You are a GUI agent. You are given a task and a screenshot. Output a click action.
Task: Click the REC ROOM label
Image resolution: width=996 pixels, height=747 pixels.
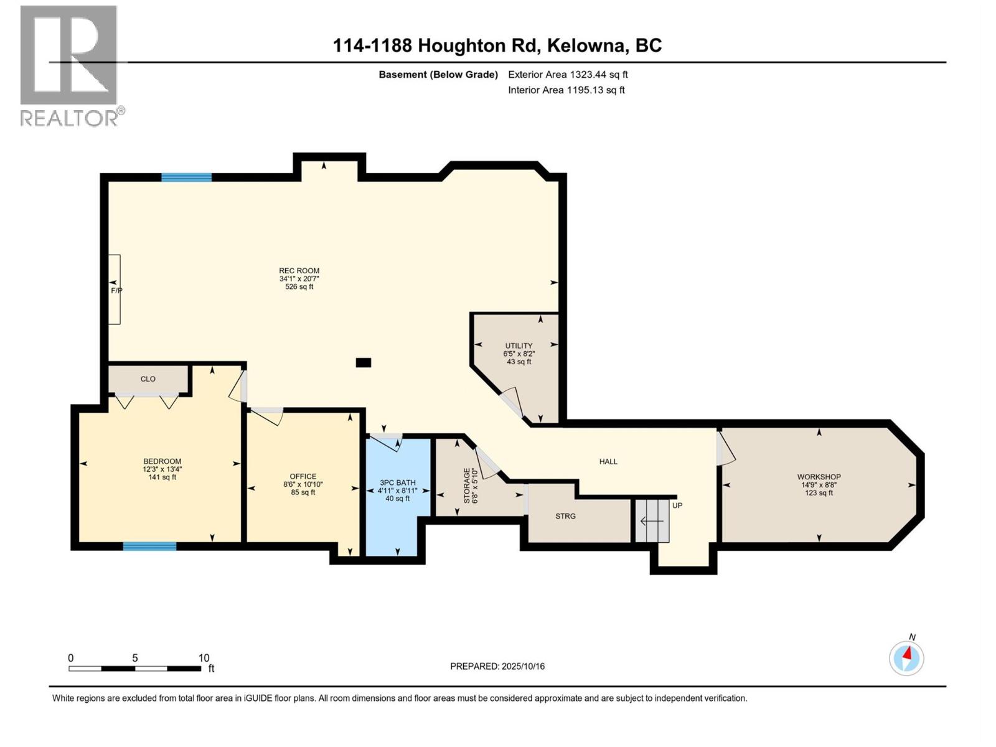tap(299, 271)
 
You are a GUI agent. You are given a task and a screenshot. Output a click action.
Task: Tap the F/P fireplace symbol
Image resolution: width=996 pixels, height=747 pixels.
tap(115, 290)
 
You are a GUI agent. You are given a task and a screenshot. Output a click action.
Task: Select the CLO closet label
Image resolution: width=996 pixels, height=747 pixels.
tap(148, 379)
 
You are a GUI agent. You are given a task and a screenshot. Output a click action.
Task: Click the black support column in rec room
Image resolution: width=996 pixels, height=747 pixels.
tap(364, 362)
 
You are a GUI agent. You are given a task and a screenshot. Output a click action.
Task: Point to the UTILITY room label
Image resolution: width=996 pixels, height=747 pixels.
tap(519, 345)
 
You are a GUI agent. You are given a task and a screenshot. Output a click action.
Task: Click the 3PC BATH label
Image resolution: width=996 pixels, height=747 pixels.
tap(398, 482)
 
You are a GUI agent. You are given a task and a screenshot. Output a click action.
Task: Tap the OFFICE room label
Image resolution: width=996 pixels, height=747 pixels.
tap(303, 476)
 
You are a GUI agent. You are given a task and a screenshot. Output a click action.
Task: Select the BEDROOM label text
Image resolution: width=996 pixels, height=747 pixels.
tap(162, 461)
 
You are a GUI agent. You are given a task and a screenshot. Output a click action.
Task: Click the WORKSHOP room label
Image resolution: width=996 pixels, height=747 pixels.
tap(819, 477)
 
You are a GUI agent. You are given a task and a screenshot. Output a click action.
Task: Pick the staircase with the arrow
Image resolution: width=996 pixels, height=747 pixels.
tap(652, 520)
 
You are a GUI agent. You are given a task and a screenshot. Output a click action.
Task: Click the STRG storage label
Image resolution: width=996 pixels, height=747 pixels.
tap(565, 516)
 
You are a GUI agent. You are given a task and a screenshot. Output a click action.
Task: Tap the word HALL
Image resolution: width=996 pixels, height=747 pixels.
tap(608, 461)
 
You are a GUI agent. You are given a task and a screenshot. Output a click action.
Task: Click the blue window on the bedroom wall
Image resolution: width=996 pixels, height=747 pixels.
tap(149, 547)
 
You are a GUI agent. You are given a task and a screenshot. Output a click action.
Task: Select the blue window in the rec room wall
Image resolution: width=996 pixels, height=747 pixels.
tap(186, 177)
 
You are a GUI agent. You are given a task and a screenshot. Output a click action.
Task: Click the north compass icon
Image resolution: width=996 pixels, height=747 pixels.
tap(906, 657)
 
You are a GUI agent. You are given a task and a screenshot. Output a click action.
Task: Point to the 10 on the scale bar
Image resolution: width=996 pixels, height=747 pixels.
tap(204, 658)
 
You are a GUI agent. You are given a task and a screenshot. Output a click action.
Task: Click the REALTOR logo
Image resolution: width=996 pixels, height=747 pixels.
tap(69, 65)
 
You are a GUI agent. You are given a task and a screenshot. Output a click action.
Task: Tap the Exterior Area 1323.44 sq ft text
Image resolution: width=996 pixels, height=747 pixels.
tap(568, 75)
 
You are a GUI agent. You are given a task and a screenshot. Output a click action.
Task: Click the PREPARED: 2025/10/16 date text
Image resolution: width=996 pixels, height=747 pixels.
tap(497, 666)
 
